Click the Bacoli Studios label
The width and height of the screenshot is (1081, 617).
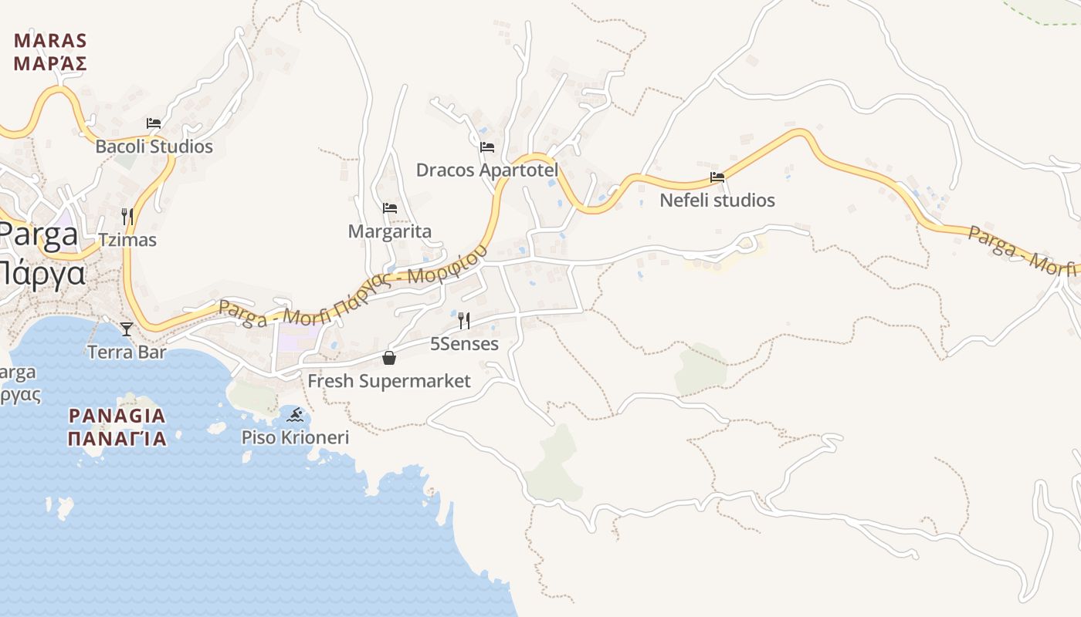pos(154,147)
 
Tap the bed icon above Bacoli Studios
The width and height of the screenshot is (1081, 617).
pos(154,123)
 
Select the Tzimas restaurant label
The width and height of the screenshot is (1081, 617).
pos(127,240)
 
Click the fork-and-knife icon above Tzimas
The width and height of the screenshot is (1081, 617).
pos(127,216)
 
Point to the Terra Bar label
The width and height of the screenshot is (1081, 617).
pos(127,352)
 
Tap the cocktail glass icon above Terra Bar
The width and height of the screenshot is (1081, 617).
pos(127,329)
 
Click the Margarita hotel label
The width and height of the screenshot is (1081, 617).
pos(390,231)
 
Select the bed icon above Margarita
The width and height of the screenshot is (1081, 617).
pos(390,208)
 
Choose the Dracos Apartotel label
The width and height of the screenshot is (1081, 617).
pos(486,170)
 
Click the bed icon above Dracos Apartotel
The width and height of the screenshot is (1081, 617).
pos(487,147)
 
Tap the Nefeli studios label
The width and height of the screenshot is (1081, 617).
pos(717,201)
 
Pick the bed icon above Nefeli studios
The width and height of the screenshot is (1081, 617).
pos(717,177)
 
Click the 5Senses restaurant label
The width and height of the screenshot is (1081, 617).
pos(464,344)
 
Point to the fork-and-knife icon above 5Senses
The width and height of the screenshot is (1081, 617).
pos(464,320)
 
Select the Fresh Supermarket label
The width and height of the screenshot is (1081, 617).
pos(389,381)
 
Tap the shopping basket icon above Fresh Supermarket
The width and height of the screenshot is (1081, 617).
pos(389,358)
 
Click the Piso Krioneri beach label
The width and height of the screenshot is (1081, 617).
pos(295,438)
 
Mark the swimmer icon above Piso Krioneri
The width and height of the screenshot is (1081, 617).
pos(295,416)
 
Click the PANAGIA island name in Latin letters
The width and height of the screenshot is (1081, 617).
pos(117,416)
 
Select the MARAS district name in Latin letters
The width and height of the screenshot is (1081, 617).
pos(50,41)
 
